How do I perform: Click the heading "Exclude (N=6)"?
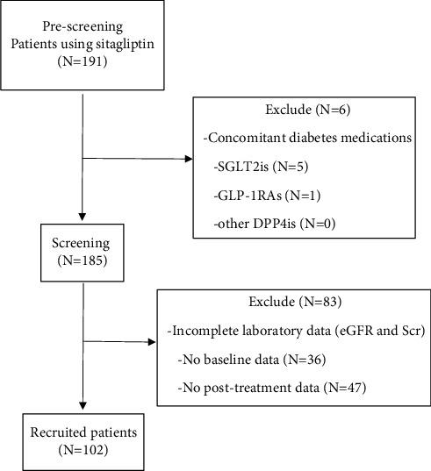pyautogui.click(x=303, y=113)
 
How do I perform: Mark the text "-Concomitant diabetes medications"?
pyautogui.click(x=303, y=139)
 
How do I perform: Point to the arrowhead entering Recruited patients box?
pyautogui.click(x=81, y=413)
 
